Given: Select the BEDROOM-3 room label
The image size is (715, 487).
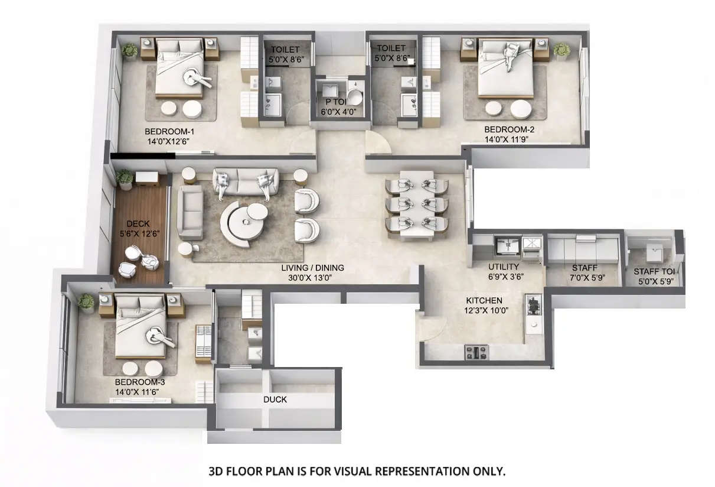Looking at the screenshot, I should pyautogui.click(x=140, y=382).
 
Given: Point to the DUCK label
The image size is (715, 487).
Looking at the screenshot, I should pyautogui.click(x=275, y=400).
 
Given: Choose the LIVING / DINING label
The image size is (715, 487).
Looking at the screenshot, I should pyautogui.click(x=312, y=268).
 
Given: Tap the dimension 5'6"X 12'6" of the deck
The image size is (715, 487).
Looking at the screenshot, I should pyautogui.click(x=138, y=233).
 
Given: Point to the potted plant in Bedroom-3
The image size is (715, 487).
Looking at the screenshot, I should pyautogui.click(x=87, y=303).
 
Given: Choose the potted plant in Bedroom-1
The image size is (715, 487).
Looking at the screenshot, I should pyautogui.click(x=130, y=51).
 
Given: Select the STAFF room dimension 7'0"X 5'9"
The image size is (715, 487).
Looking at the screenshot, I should pyautogui.click(x=584, y=277).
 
